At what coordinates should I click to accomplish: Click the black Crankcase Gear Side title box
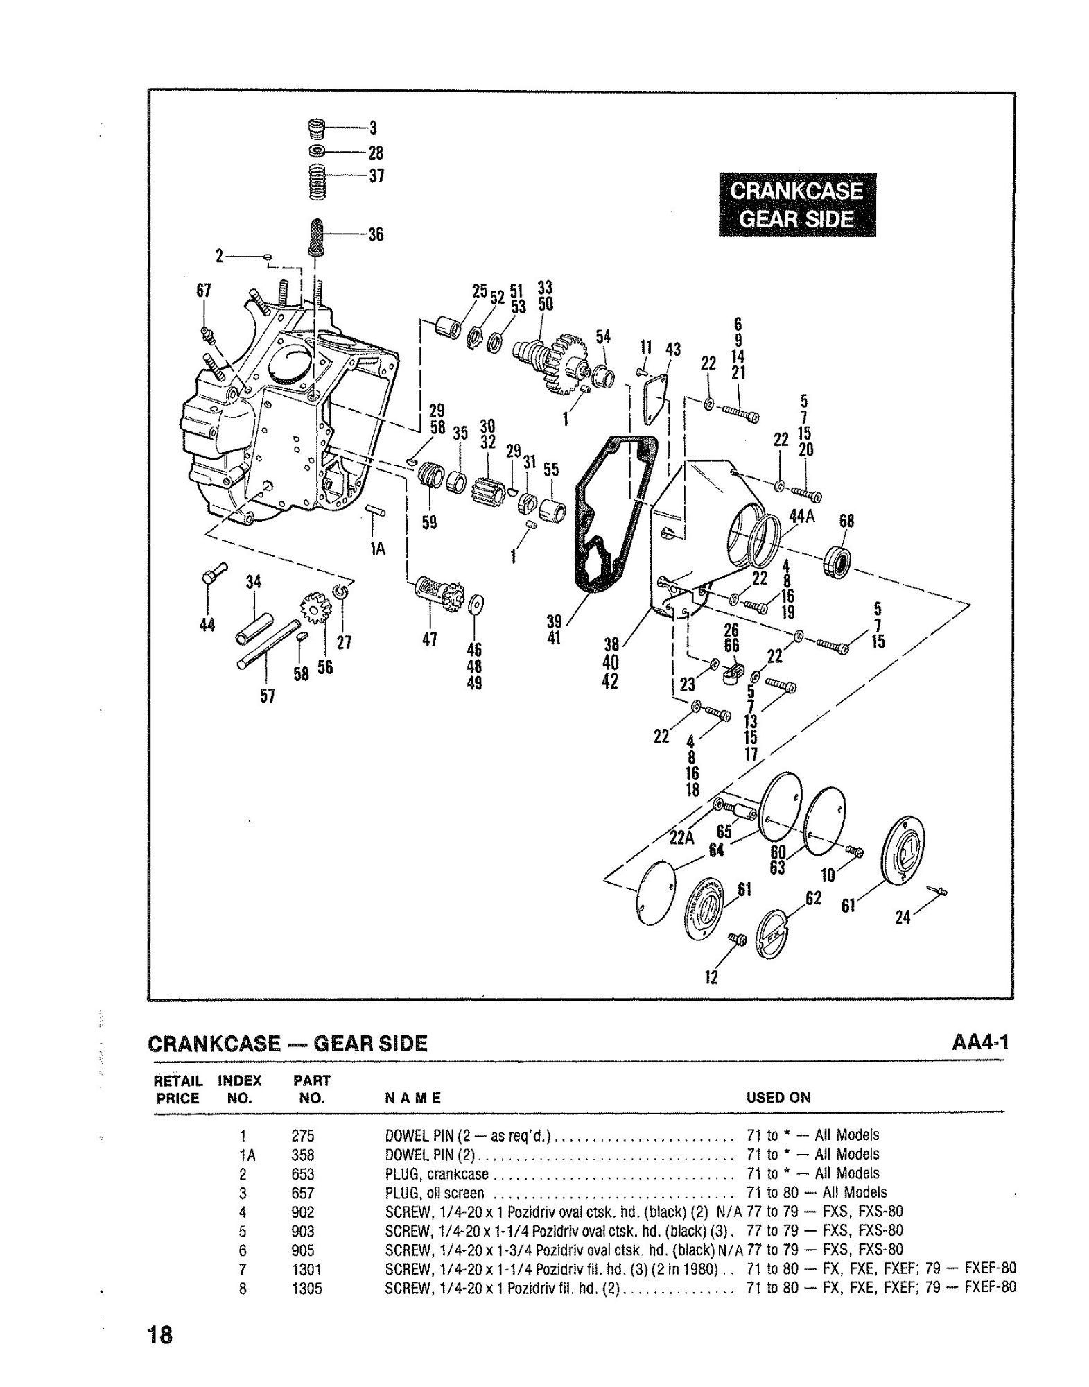point(796,205)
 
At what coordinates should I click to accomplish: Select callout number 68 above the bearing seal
point(846,521)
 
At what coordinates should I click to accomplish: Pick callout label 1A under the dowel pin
point(377,549)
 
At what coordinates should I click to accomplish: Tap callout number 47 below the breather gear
point(429,639)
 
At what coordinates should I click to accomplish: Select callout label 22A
point(681,838)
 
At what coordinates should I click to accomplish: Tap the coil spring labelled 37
point(317,182)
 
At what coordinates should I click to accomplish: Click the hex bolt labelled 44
point(211,573)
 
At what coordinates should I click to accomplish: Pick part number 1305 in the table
point(306,1289)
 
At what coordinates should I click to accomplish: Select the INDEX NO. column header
point(239,1089)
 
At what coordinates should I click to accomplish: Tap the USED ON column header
point(778,1098)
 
